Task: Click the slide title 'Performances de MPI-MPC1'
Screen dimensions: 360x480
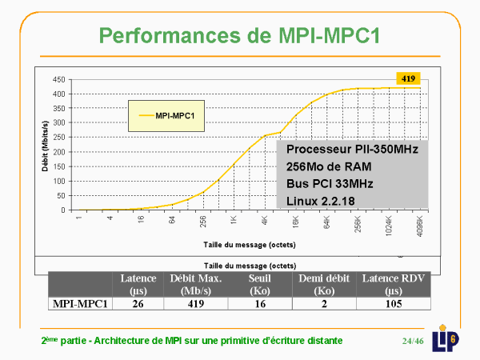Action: [239, 35]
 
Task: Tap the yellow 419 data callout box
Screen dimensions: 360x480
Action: [408, 78]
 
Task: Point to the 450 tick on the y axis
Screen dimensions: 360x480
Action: [58, 80]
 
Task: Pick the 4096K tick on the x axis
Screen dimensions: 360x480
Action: [418, 222]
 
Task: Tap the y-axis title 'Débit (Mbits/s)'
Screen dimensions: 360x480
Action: [43, 144]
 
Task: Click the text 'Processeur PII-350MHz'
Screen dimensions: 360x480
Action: [352, 150]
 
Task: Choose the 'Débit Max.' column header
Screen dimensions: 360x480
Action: [195, 284]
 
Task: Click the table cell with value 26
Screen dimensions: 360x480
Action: [138, 304]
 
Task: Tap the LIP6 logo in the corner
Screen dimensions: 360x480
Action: [446, 338]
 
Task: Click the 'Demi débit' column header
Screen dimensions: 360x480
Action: [323, 284]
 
